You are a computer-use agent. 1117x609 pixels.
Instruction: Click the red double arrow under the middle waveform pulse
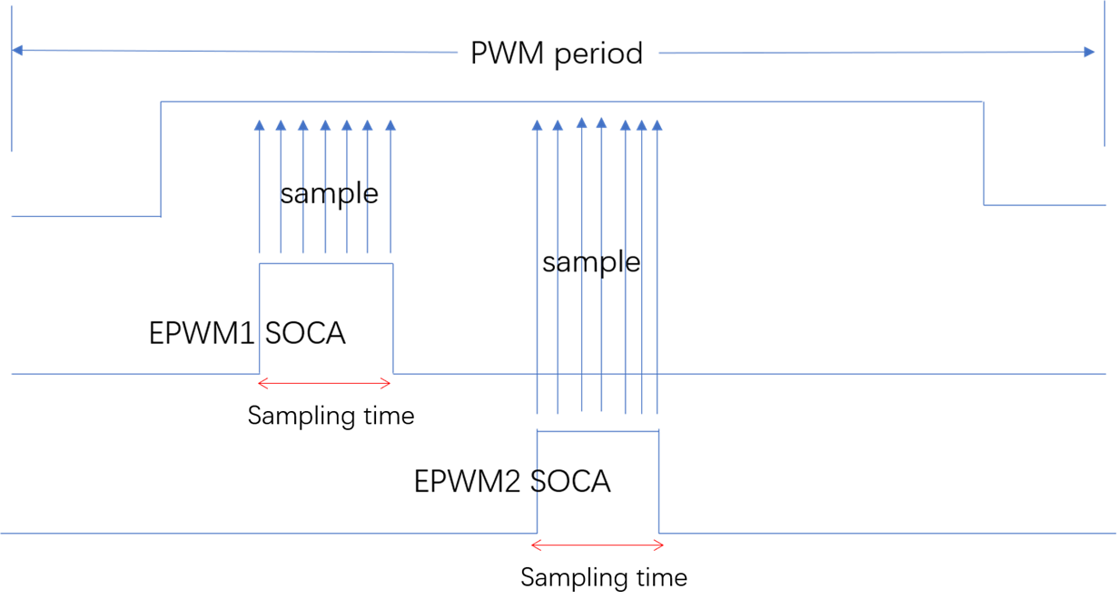pos(324,384)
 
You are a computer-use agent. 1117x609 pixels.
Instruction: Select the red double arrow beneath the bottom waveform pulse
pos(598,545)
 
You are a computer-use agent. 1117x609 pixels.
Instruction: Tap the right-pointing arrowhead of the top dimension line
pos(1090,53)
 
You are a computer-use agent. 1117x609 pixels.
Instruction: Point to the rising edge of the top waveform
pos(161,159)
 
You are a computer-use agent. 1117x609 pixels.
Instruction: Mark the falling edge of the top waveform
pos(984,153)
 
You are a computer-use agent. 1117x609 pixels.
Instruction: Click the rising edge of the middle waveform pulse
pos(260,318)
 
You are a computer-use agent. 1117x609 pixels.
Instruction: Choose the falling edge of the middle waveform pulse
pos(393,318)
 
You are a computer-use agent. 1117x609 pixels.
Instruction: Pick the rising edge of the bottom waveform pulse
pos(538,482)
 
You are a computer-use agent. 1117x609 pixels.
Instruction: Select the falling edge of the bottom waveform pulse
pos(658,482)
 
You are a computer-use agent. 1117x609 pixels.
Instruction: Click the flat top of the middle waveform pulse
pos(326,264)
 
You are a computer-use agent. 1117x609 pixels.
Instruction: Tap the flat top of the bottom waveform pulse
pos(598,432)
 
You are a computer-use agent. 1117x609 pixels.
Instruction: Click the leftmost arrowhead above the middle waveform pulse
pos(259,125)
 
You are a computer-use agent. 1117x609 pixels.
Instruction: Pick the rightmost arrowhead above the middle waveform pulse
pos(390,125)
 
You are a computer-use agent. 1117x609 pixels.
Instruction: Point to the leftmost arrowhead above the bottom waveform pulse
pos(537,125)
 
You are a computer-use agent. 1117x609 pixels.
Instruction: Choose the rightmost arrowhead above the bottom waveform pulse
pos(657,125)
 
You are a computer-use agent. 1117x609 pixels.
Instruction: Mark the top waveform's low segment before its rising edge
pos(85,217)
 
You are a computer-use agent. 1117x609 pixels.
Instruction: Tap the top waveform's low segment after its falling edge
pos(1045,205)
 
